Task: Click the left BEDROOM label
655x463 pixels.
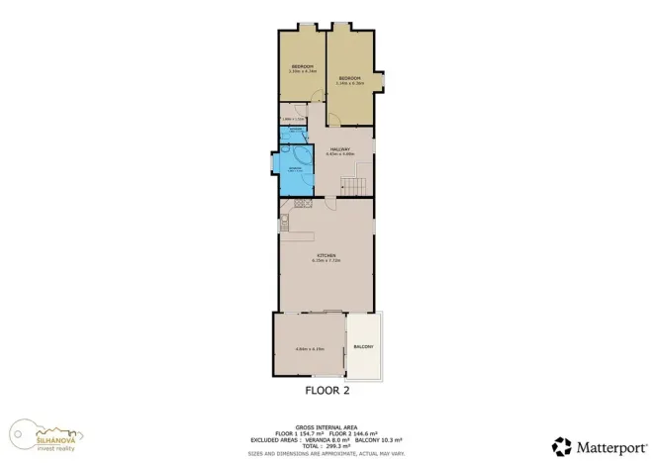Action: tap(301, 66)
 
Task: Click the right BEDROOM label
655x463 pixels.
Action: tap(349, 78)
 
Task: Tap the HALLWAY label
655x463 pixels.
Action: tap(339, 149)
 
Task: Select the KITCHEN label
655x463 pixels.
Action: tap(326, 256)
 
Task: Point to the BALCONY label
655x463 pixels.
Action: tap(363, 347)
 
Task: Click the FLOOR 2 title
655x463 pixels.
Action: tap(327, 391)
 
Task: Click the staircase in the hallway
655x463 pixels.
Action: tap(353, 184)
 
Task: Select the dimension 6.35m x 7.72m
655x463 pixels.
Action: tap(326, 261)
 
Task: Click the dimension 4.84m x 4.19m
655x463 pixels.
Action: tap(309, 349)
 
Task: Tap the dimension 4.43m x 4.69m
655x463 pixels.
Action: tap(339, 154)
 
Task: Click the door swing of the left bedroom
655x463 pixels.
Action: tap(315, 96)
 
